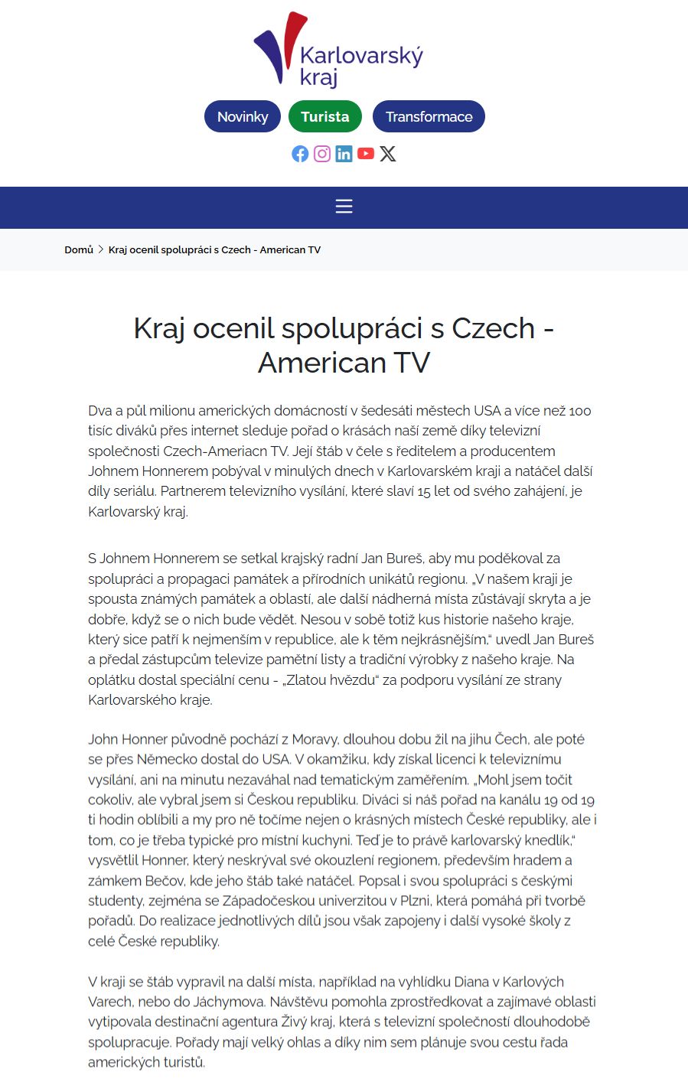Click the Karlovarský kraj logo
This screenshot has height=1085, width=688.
(x=338, y=50)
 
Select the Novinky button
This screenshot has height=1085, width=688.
(x=243, y=116)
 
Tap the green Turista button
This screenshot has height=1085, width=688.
(x=324, y=116)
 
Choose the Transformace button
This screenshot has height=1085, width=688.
(x=429, y=116)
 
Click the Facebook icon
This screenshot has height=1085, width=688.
(x=300, y=154)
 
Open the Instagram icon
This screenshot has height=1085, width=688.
(x=322, y=154)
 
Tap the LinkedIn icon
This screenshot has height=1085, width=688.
(x=344, y=154)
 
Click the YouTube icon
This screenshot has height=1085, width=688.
(x=366, y=154)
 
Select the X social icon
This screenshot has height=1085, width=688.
(x=388, y=154)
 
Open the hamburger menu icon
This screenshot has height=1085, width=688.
(x=344, y=207)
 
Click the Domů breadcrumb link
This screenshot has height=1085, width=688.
(x=79, y=249)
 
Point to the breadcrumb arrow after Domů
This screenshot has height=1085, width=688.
(x=101, y=249)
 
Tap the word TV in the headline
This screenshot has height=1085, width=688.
(x=411, y=363)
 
